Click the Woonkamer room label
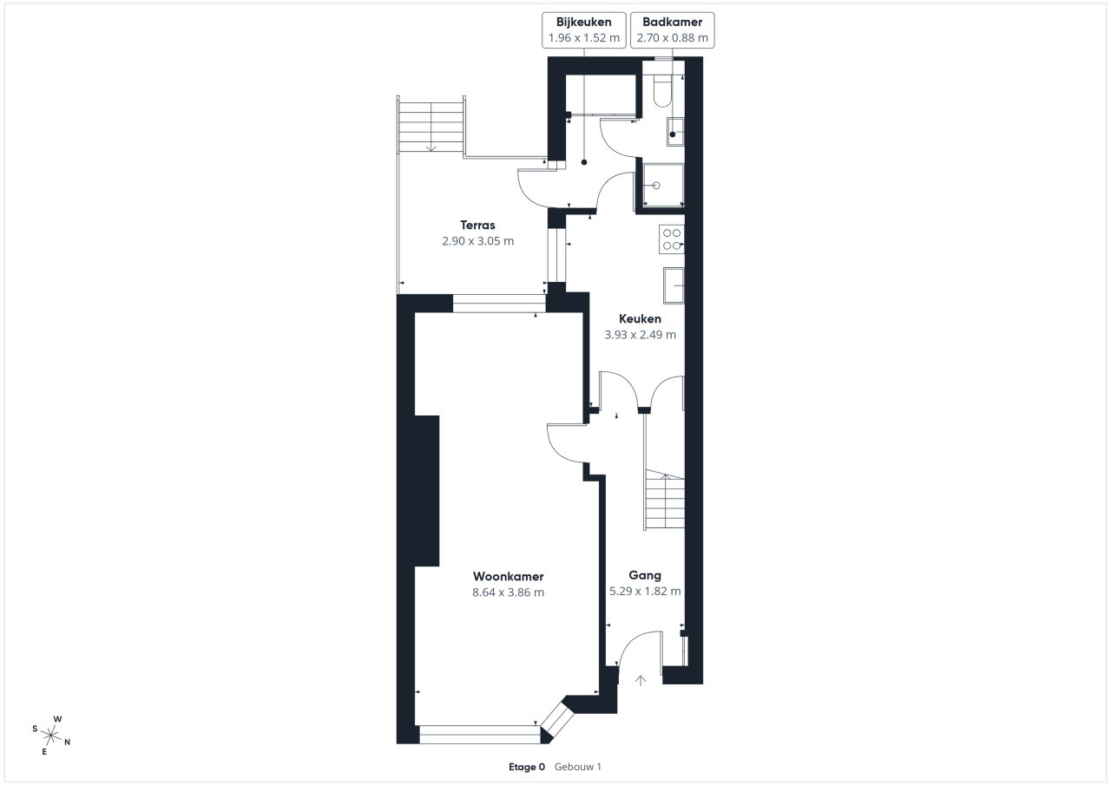[x=508, y=576]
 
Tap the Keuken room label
[x=640, y=318]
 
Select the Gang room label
[x=645, y=575]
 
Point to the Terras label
[x=477, y=225]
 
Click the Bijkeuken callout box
[x=584, y=30]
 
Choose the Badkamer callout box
[x=673, y=30]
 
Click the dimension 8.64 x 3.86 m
[x=508, y=592]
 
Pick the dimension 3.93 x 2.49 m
[x=640, y=335]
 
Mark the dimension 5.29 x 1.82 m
[x=645, y=592]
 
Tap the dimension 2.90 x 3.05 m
[x=477, y=241]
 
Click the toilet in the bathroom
[x=662, y=91]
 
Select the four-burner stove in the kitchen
[x=672, y=239]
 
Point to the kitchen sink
[x=674, y=285]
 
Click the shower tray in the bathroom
[x=663, y=186]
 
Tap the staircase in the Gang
[x=665, y=500]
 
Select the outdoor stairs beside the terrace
[x=431, y=128]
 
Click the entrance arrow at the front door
[x=641, y=681]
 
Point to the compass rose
[x=51, y=735]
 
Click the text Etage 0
[x=527, y=767]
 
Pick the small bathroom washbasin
[x=675, y=132]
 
